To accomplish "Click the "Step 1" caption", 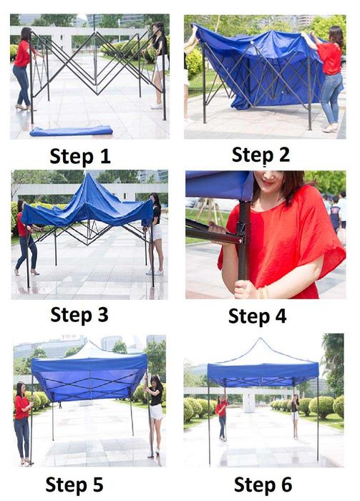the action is [x=80, y=156].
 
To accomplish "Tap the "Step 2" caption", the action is [x=261, y=155].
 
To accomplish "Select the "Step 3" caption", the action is [x=79, y=315].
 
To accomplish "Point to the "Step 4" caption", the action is [x=257, y=316].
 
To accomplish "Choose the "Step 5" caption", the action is [x=74, y=485].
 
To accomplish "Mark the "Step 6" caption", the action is [x=263, y=485].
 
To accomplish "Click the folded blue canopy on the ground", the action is [x=71, y=131].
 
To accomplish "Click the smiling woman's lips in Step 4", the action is [x=268, y=183].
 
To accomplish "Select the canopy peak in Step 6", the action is [x=261, y=339].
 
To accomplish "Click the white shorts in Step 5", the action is [x=156, y=412].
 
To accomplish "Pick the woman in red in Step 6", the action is [x=222, y=418].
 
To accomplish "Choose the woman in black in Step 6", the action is [x=296, y=416].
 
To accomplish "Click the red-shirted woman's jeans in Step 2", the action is [x=331, y=97].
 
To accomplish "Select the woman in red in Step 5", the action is [x=22, y=424].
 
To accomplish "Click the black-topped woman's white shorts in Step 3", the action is [x=156, y=233].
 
